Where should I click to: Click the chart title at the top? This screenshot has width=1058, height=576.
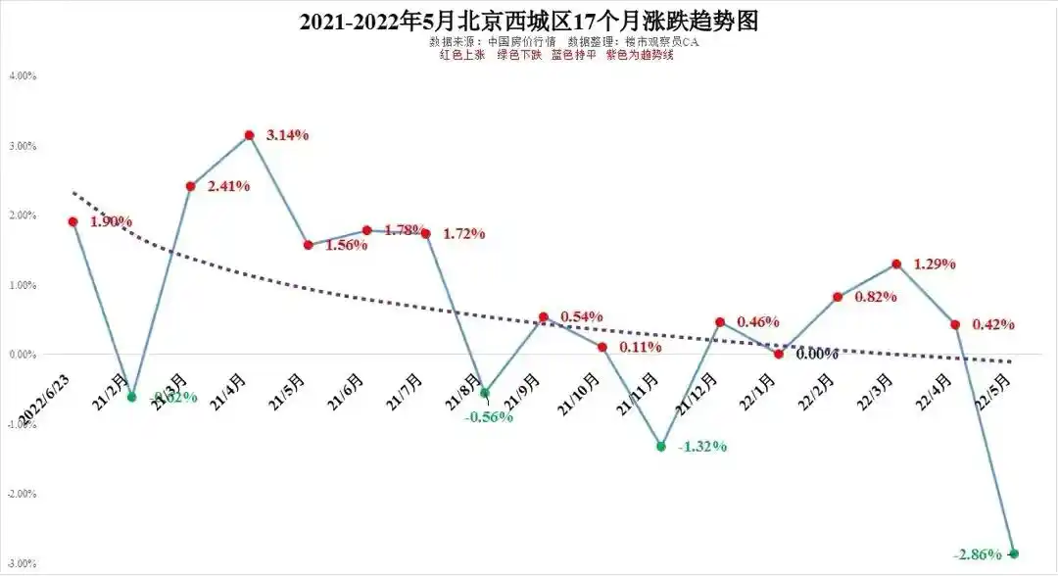(x=529, y=21)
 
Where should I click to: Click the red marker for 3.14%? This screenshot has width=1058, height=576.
(x=250, y=135)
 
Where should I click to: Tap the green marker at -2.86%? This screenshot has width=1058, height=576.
(x=1014, y=553)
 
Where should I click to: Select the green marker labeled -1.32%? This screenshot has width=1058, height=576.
(x=661, y=446)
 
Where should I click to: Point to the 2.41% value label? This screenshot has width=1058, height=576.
(x=229, y=185)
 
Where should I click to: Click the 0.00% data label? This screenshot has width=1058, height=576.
(x=816, y=354)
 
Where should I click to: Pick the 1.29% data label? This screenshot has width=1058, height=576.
(x=935, y=264)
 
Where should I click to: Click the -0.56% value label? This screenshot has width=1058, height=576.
(x=488, y=416)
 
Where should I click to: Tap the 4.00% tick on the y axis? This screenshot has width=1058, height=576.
(x=22, y=75)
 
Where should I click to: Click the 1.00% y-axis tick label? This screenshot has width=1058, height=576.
(x=22, y=285)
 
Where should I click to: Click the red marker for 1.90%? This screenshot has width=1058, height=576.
(x=73, y=221)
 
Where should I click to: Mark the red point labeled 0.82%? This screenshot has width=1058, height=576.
(x=838, y=297)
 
